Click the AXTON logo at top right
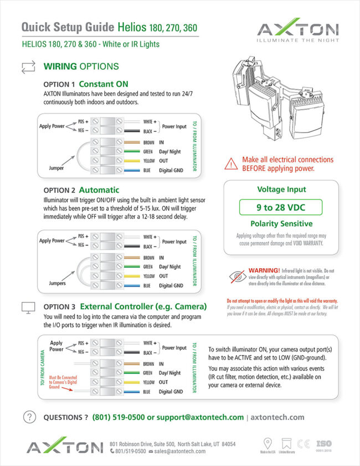(297, 31)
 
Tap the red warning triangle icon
(230, 163)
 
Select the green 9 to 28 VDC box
(281, 208)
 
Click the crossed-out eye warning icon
(236, 275)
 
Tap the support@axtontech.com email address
(200, 417)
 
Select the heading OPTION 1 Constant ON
(85, 84)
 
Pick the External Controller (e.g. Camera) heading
(143, 306)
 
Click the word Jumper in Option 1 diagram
(53, 165)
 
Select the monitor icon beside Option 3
(28, 307)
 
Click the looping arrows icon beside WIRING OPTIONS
(28, 67)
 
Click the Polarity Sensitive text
(281, 224)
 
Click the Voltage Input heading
(281, 190)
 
